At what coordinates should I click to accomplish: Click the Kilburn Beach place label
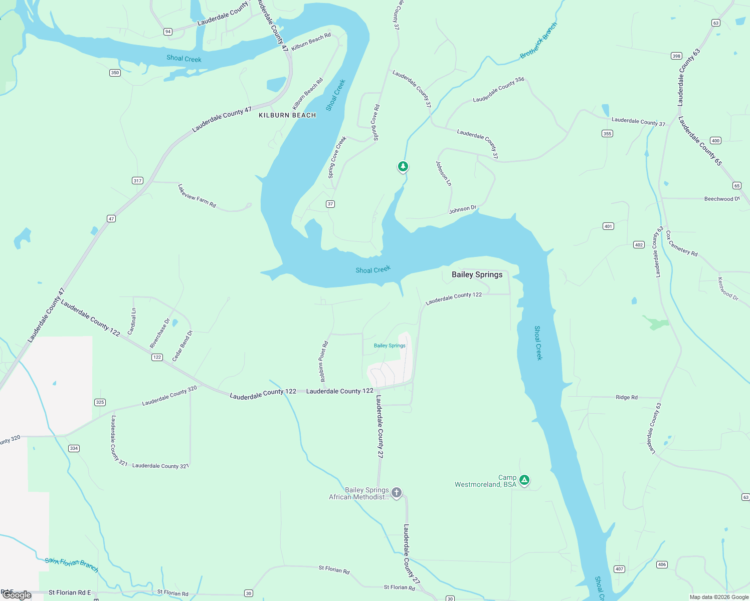click(x=287, y=115)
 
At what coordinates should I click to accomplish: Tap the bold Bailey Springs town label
click(x=477, y=274)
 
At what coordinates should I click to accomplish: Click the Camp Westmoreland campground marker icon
click(x=524, y=480)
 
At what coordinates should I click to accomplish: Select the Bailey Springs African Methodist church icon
click(x=397, y=492)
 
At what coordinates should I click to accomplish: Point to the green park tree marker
click(x=403, y=166)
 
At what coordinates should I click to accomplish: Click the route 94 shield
click(x=168, y=32)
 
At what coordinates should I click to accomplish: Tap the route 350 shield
click(x=115, y=73)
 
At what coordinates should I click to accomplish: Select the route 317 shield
click(x=137, y=180)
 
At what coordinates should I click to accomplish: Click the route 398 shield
click(x=676, y=56)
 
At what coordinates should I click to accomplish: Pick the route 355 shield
click(x=607, y=134)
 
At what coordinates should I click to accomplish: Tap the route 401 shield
click(x=608, y=226)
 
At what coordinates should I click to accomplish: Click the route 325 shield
click(x=100, y=402)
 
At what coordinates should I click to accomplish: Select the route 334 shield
click(x=74, y=448)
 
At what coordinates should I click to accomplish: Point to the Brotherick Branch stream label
click(x=538, y=41)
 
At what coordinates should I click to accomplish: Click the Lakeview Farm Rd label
click(x=197, y=195)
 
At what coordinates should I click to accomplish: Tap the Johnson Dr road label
click(x=462, y=209)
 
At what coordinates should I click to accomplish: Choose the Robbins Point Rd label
click(x=323, y=361)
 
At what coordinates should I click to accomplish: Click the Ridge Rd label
click(x=626, y=397)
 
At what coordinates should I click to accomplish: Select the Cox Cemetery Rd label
click(x=681, y=243)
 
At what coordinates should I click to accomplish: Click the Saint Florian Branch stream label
click(x=71, y=564)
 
